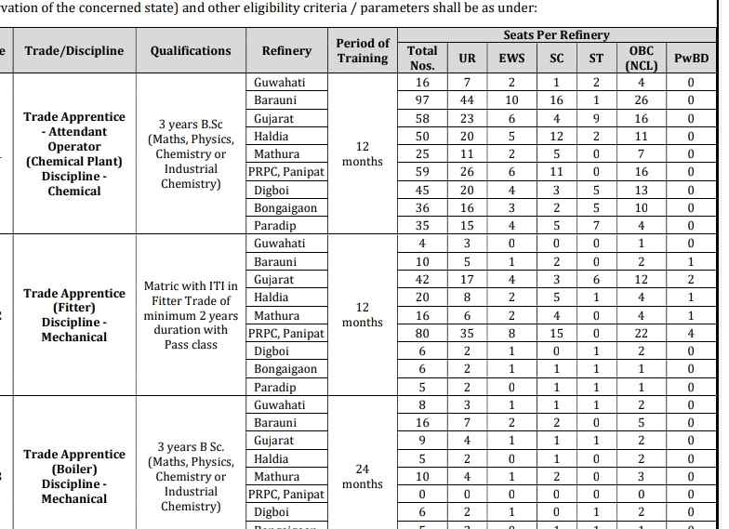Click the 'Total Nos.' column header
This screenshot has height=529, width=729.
(422, 58)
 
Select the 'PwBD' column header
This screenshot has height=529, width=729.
(691, 58)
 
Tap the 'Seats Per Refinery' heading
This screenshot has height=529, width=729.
(556, 35)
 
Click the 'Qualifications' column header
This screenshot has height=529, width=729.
(191, 51)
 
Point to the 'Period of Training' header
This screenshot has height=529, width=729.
(363, 50)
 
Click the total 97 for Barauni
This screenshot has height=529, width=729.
(422, 100)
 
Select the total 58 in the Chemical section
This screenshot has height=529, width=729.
(422, 119)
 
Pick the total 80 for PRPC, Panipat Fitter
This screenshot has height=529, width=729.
(422, 334)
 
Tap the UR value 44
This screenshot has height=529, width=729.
(467, 100)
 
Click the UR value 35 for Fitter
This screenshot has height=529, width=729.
(467, 334)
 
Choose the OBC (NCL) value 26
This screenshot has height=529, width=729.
(641, 100)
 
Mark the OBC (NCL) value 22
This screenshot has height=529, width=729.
(641, 334)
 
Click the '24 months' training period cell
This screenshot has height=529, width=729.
(362, 477)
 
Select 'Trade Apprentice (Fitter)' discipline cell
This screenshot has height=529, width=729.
(74, 315)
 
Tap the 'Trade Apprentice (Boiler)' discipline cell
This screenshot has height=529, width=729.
(74, 476)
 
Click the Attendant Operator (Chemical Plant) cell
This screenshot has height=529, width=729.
(74, 154)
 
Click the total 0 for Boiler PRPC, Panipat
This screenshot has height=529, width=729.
(422, 495)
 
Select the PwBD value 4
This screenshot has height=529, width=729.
(691, 334)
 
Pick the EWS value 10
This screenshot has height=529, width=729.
(511, 100)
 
